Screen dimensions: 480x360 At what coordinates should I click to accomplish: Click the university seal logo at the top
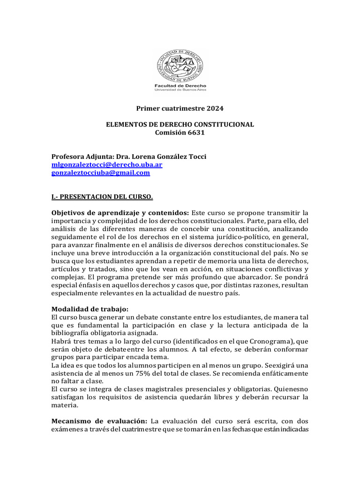[x=180, y=65]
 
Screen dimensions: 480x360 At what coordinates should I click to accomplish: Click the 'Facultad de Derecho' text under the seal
[x=180, y=86]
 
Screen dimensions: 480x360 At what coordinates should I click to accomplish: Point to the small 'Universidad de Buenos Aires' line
[x=180, y=90]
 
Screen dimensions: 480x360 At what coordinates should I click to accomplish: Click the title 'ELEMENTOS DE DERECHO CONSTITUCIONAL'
[x=180, y=124]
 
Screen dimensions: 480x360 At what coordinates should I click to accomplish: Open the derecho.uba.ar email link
[x=107, y=165]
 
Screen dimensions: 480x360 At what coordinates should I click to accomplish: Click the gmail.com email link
[x=100, y=172]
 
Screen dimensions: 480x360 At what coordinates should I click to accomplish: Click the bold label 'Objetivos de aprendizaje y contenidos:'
[x=120, y=213]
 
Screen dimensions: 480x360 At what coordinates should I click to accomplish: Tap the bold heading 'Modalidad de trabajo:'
[x=90, y=308]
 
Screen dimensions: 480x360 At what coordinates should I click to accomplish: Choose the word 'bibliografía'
[x=70, y=333]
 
